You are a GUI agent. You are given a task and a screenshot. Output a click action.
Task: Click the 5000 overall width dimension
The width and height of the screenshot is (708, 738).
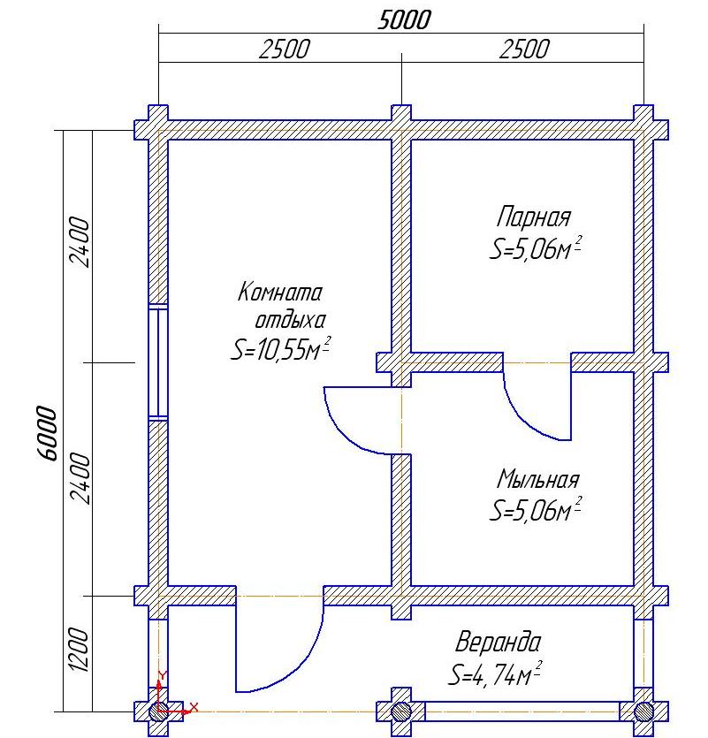[404, 20]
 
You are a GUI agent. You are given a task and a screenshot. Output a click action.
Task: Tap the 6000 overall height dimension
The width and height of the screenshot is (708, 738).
[47, 433]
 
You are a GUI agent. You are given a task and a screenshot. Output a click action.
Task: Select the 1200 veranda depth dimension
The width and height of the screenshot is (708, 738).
[79, 650]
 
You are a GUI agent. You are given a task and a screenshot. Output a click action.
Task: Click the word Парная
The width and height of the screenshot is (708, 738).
[533, 217]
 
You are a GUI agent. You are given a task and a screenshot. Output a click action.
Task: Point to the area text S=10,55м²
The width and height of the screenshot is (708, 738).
[280, 349]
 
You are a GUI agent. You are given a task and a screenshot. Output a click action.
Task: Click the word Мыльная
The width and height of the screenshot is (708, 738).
[538, 480]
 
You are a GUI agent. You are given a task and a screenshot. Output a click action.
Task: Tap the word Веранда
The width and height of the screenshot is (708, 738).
[498, 642]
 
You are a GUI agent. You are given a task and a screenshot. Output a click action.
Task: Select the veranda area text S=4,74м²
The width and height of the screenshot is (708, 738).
[494, 674]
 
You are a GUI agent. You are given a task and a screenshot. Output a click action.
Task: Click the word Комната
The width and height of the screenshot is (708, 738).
[279, 292]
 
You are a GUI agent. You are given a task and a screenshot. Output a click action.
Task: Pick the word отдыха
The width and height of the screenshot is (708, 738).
[290, 321]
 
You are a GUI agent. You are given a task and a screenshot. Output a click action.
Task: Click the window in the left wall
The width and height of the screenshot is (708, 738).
[158, 362]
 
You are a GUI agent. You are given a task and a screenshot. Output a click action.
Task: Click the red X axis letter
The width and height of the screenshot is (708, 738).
[194, 707]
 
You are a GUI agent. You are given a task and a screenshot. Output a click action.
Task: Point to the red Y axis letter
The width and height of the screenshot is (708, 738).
[162, 675]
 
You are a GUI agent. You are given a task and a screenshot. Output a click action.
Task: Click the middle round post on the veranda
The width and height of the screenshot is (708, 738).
[401, 711]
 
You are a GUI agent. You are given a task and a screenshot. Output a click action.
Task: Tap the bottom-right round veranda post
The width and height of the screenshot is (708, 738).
[643, 711]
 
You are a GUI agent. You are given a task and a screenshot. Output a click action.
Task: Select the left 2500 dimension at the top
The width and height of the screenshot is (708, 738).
[285, 49]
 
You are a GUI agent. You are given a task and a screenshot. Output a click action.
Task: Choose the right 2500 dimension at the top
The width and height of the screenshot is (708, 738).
[524, 49]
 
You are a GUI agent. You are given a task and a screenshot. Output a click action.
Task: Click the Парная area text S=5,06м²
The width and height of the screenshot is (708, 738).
[536, 248]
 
